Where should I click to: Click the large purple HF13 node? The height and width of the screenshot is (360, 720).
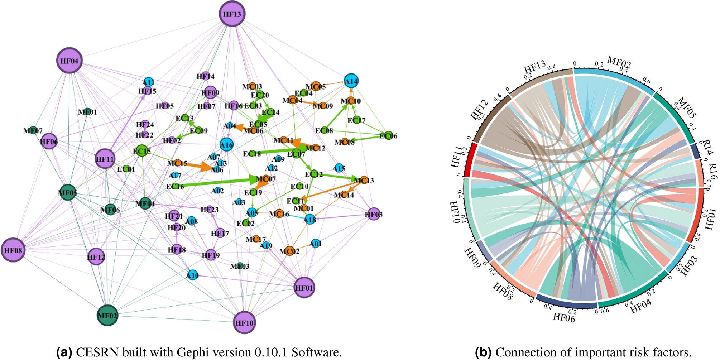[232, 14]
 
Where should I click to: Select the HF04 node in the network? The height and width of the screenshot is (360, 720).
[69, 61]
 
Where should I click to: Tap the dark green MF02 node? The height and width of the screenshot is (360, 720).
[107, 316]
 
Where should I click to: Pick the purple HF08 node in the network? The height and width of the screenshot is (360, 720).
[13, 250]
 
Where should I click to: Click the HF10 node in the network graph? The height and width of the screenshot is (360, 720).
[244, 323]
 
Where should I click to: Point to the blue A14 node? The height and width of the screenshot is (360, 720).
[351, 81]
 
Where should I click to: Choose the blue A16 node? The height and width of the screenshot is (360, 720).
[226, 145]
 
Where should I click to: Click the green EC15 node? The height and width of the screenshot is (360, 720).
[142, 151]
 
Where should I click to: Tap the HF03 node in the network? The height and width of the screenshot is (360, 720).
[374, 214]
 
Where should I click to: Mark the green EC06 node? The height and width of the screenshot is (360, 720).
[388, 136]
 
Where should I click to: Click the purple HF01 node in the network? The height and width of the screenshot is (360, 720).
[304, 288]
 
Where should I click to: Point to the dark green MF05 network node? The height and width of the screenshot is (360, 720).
[68, 193]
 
